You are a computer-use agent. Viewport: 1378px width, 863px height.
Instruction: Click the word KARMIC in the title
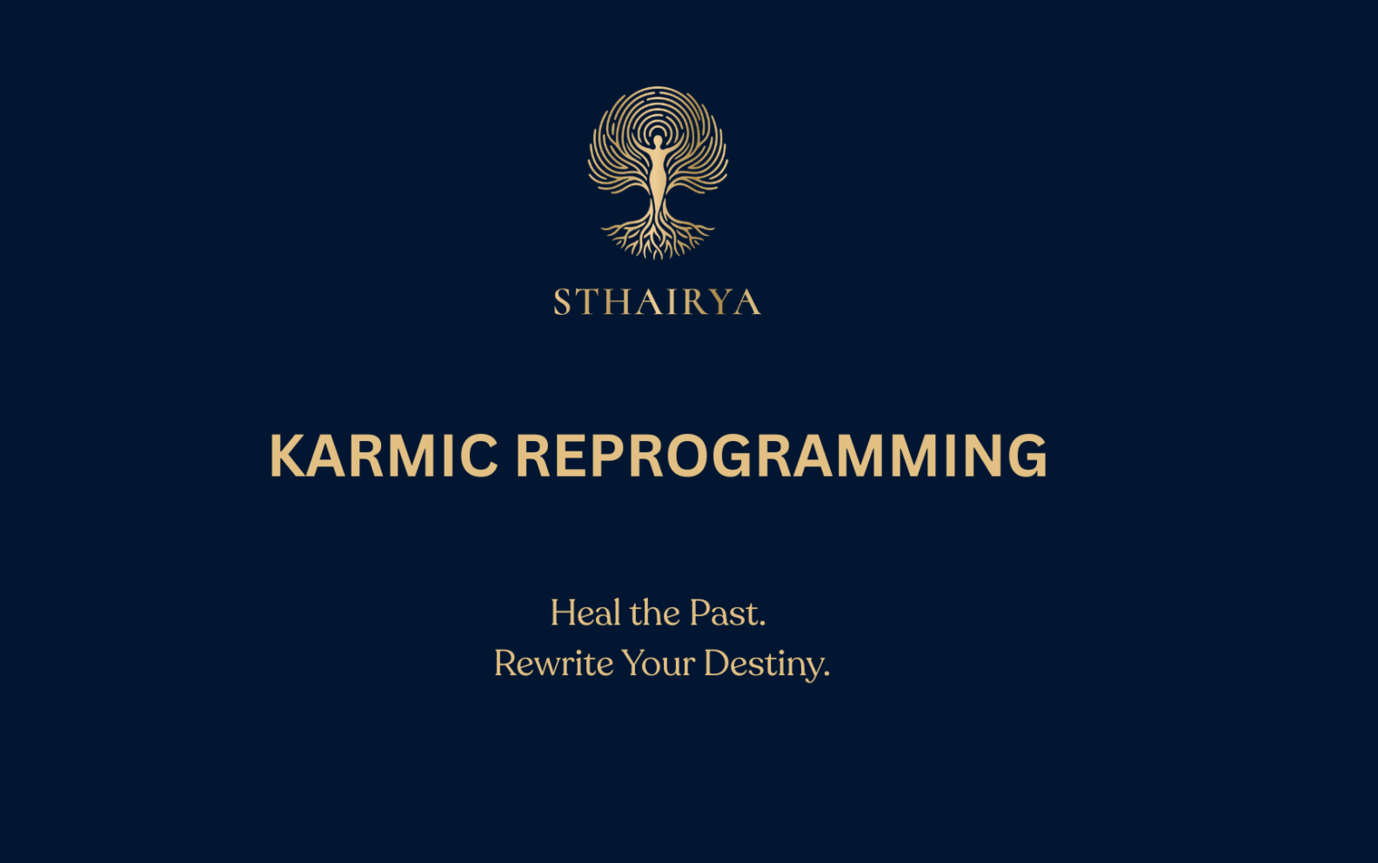coord(384,456)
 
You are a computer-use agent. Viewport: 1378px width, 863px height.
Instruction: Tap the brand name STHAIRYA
coord(657,301)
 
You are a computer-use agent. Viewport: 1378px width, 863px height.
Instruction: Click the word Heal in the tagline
coord(585,613)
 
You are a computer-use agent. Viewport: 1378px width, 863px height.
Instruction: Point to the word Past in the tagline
coord(724,613)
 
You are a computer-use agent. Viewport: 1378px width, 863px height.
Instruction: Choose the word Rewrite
coord(553,664)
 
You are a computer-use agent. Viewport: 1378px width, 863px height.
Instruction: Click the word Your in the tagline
coord(658,664)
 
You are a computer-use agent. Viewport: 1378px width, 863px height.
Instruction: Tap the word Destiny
coord(762,665)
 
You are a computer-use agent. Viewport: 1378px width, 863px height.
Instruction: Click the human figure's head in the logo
coord(658,141)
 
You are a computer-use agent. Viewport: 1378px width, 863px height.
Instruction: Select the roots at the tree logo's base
coord(658,237)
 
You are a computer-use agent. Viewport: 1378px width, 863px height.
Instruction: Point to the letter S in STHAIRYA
coord(562,301)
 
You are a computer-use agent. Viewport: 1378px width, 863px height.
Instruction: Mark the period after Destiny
coord(826,675)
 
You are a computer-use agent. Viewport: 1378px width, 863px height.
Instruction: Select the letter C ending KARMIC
coord(479,456)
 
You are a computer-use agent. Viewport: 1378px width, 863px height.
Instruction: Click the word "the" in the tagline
coord(654,613)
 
